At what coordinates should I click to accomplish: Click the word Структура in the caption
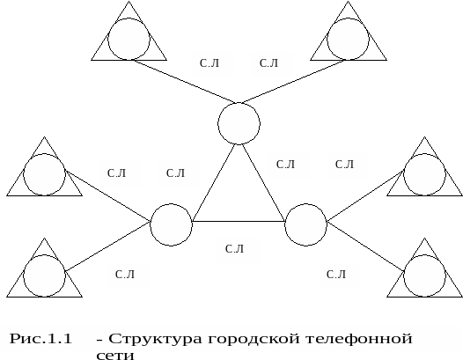155,339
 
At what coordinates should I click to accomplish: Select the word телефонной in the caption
358,339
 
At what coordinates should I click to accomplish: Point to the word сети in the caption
115,355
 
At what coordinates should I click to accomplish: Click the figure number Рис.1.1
40,339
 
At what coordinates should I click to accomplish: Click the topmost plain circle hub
239,103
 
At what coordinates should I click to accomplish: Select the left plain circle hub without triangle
171,204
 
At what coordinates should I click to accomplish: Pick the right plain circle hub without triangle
306,204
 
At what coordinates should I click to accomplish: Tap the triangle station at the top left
129,60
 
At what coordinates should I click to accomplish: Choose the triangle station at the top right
349,60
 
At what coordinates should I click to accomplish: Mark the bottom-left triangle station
44,297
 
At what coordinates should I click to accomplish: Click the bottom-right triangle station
424,297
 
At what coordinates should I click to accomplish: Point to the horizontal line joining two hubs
239,221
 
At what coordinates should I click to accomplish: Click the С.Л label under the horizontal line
234,249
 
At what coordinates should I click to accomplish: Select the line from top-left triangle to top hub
185,81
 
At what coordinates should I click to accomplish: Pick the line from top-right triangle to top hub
293,81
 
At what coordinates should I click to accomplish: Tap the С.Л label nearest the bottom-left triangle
125,275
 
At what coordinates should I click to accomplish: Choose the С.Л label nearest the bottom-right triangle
336,275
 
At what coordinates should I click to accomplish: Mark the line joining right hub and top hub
264,183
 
